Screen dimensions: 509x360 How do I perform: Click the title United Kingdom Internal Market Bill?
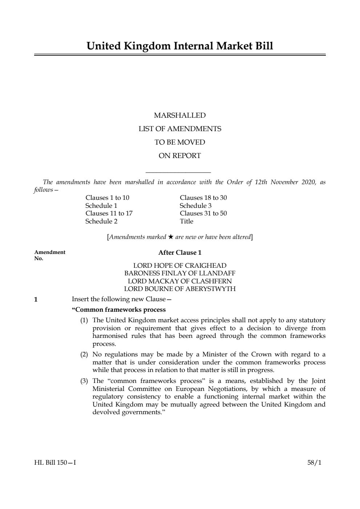click(180, 46)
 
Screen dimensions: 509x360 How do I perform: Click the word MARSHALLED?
click(180, 116)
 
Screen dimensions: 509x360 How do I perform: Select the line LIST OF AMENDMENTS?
click(180, 129)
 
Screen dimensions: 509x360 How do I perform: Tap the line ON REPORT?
click(180, 156)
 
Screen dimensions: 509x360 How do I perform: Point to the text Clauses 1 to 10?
click(107, 198)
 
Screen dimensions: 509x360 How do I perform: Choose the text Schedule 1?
click(101, 206)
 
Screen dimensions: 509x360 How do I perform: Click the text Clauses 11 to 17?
click(109, 213)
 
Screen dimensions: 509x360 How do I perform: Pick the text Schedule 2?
click(101, 221)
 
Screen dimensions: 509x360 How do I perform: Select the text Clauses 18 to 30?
click(203, 198)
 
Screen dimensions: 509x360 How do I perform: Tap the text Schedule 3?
click(195, 206)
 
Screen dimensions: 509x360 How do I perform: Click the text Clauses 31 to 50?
click(203, 213)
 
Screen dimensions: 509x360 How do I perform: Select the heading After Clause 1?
click(180, 253)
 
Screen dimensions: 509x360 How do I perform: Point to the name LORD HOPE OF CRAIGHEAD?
click(180, 266)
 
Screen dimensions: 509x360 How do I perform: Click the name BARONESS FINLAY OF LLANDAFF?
click(180, 273)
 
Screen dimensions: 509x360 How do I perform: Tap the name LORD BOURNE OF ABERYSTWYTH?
click(180, 289)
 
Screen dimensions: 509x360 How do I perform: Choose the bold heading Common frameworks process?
click(119, 310)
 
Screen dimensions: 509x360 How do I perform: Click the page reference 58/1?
click(314, 463)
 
